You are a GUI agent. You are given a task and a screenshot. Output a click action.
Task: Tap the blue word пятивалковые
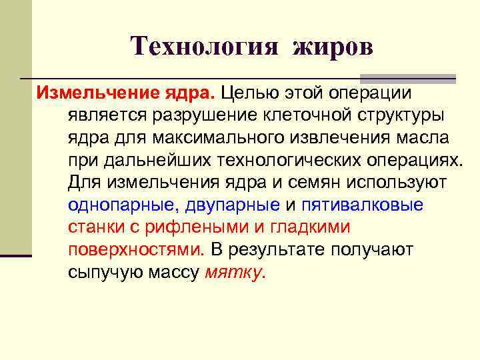pyautogui.click(x=361, y=204)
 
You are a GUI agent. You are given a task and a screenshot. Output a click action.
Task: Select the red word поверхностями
pyautogui.click(x=136, y=249)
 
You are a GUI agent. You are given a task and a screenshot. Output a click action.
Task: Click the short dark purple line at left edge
pyautogui.click(x=16, y=255)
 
